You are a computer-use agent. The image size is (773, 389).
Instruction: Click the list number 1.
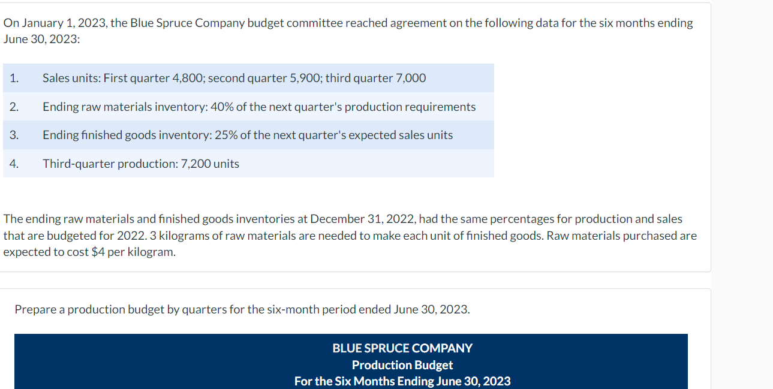tap(14, 78)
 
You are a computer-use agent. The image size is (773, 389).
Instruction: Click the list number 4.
tap(14, 164)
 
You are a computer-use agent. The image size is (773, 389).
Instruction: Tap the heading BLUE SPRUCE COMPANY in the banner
tap(402, 348)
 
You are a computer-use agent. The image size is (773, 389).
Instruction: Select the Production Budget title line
tap(402, 364)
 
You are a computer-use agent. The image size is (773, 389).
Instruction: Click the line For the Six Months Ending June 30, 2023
tap(402, 381)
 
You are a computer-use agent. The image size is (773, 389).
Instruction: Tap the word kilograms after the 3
tap(185, 236)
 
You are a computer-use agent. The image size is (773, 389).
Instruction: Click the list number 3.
tap(14, 135)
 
